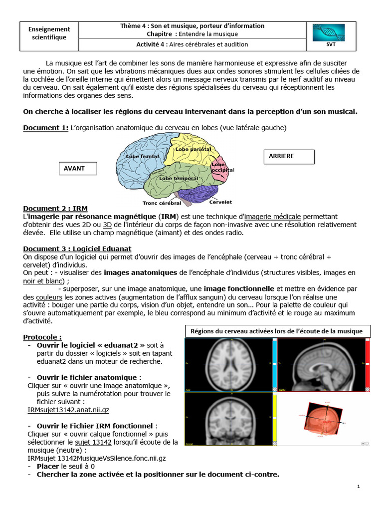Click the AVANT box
click(x=77, y=169)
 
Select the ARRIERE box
click(x=288, y=156)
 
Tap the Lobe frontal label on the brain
click(x=143, y=157)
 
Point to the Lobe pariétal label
click(x=193, y=149)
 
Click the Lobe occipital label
click(x=222, y=167)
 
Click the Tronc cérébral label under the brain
click(x=162, y=203)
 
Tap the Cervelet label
click(x=220, y=202)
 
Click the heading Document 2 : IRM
click(x=55, y=208)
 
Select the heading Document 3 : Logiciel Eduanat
click(x=77, y=248)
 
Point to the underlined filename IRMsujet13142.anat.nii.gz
click(x=68, y=410)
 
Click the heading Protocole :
click(x=42, y=337)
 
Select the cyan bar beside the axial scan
click(x=274, y=365)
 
